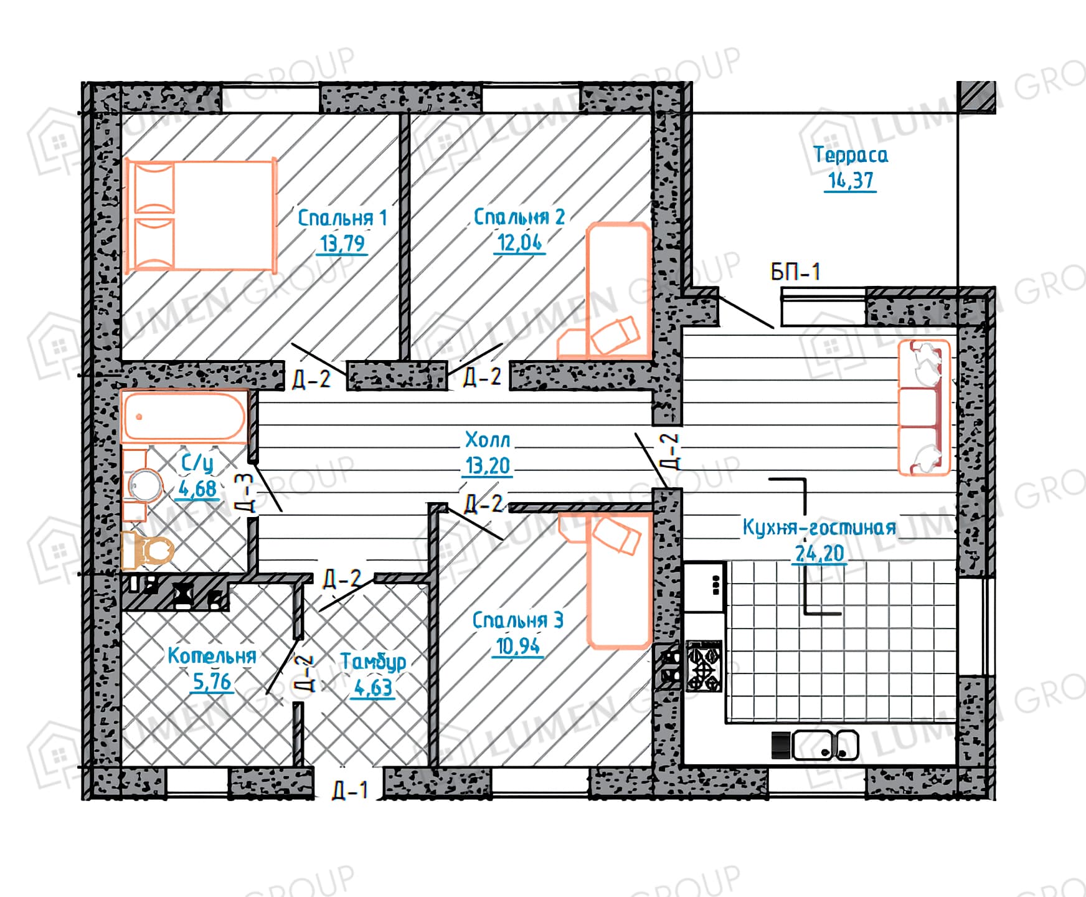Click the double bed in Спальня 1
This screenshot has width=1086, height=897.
[201, 216]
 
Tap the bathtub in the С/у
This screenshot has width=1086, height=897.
[184, 417]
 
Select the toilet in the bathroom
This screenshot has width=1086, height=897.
[148, 551]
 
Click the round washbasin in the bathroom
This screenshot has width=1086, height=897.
[145, 485]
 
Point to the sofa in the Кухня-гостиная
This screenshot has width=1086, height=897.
[924, 407]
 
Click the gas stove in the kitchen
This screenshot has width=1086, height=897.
[704, 666]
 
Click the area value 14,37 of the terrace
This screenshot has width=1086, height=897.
[851, 181]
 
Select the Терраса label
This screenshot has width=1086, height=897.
[851, 154]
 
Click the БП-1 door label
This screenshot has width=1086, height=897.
[795, 272]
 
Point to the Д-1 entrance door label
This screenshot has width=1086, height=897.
[350, 790]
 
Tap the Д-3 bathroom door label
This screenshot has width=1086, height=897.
[246, 493]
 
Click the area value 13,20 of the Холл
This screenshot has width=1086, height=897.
[488, 465]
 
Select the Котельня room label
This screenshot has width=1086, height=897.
[212, 655]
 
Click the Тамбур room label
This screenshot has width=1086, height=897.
[373, 662]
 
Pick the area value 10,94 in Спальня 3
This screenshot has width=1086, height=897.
[517, 647]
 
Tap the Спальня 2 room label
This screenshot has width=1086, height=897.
[519, 217]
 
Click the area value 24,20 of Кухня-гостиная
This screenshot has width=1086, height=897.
[819, 553]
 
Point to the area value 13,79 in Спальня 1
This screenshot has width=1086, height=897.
[343, 244]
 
